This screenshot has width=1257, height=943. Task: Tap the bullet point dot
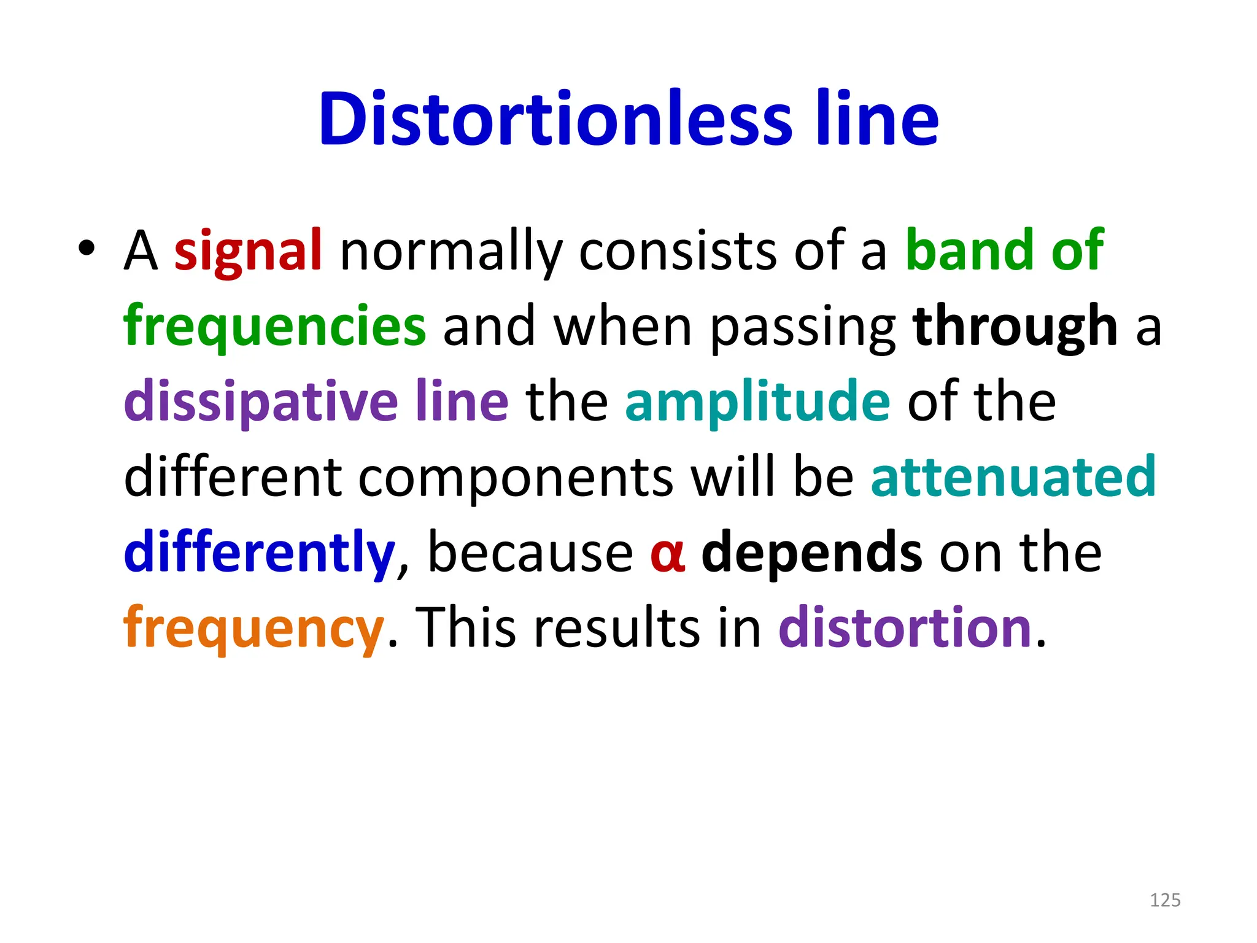coord(87,248)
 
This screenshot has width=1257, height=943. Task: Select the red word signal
coord(248,250)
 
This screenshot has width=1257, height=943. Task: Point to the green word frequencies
coord(274,327)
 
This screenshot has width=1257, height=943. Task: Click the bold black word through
coord(1015,327)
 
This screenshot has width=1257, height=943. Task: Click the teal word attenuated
coord(1013,477)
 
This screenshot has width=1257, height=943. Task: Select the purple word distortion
coord(905,627)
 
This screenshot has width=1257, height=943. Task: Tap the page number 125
coord(1164,900)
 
